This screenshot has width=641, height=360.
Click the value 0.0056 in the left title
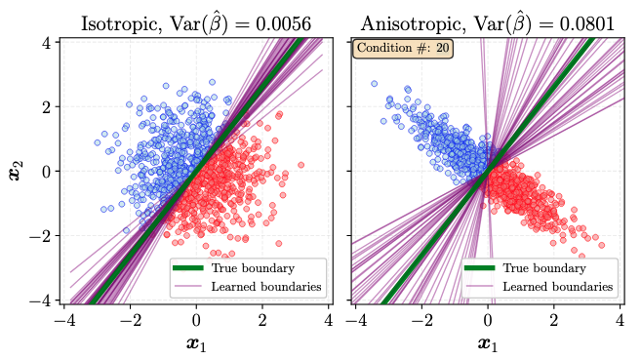click(283, 23)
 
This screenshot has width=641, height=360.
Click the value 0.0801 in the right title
click(587, 23)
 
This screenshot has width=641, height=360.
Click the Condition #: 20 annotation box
click(403, 48)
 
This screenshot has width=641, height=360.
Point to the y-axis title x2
click(16, 171)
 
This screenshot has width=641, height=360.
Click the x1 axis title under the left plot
click(196, 343)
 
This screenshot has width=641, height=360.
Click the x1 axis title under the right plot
click(488, 343)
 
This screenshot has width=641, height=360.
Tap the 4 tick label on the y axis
click(46, 43)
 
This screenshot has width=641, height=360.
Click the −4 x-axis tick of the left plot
click(65, 320)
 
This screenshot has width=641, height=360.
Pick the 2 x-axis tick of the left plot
click(262, 320)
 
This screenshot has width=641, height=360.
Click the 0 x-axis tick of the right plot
click(488, 320)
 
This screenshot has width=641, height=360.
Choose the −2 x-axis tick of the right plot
click(421, 320)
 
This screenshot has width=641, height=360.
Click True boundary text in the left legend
click(253, 268)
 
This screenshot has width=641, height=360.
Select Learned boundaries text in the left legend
click(266, 287)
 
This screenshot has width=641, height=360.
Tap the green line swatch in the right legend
click(479, 268)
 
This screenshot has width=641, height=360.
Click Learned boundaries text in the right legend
click(558, 287)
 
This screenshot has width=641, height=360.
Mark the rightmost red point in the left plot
click(300, 165)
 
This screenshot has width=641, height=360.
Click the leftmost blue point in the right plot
click(374, 84)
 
